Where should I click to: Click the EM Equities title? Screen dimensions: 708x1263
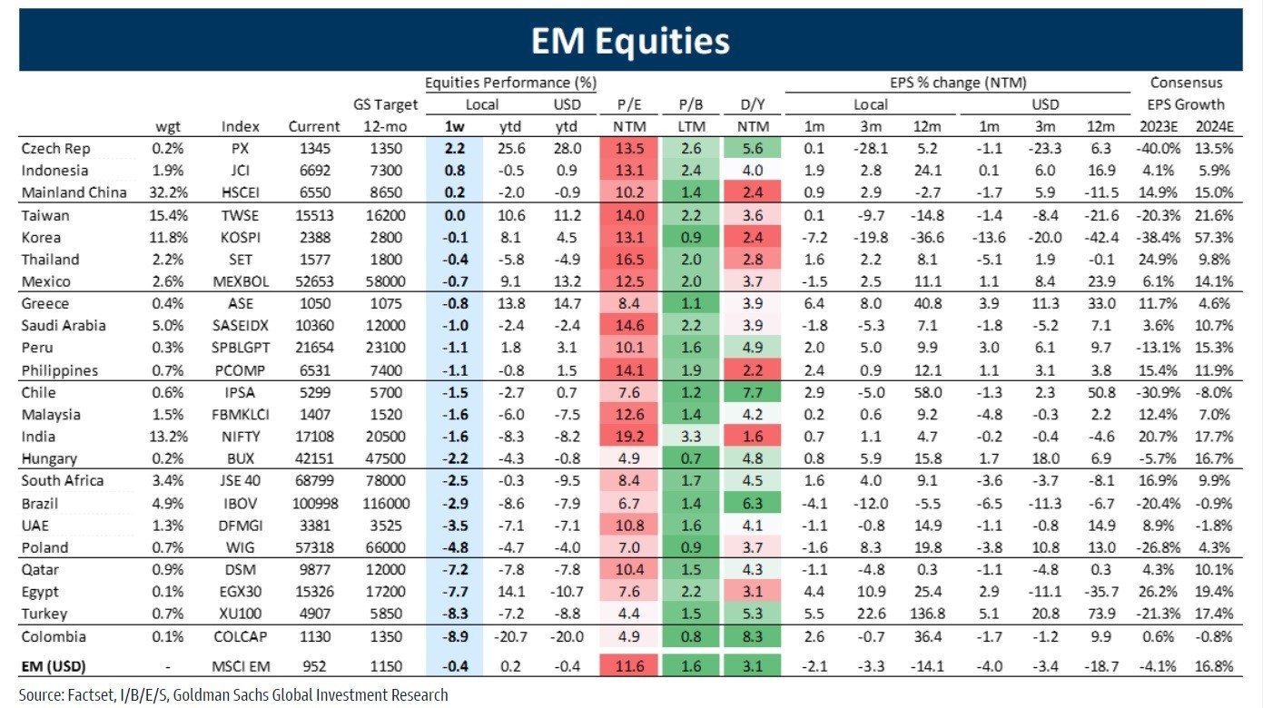[x=630, y=41]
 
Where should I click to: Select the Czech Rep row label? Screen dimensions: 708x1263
[x=56, y=149]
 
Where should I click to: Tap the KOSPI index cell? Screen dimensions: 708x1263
[x=240, y=238]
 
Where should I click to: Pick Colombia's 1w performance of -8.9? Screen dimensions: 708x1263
[x=454, y=636]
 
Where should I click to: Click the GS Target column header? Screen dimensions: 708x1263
[x=385, y=104]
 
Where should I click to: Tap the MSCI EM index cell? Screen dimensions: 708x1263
[x=240, y=666]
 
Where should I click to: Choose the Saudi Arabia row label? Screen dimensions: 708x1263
[x=64, y=326]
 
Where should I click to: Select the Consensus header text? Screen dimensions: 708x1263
[x=1186, y=83]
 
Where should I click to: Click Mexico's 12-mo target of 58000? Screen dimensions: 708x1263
[x=385, y=281]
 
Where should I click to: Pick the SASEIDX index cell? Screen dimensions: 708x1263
[x=240, y=326]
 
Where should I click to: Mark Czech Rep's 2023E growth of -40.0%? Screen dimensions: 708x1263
[x=1159, y=149]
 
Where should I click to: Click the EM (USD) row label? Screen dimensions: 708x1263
[x=54, y=666]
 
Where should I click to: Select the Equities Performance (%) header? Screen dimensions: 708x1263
[x=510, y=83]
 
